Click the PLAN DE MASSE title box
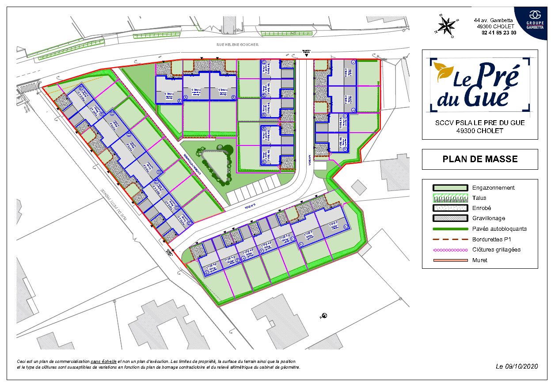[480, 159]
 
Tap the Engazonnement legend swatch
[450, 188]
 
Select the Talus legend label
[479, 198]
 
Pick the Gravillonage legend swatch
[450, 218]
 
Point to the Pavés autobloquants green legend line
[450, 229]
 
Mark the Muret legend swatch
[450, 260]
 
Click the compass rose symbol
[446, 26]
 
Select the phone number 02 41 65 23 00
[496, 32]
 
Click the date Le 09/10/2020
[517, 366]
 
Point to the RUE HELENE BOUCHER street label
[237, 45]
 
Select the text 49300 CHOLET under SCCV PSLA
[480, 130]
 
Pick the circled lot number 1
[353, 63]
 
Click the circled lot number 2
[353, 111]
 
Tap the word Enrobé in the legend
[482, 208]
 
